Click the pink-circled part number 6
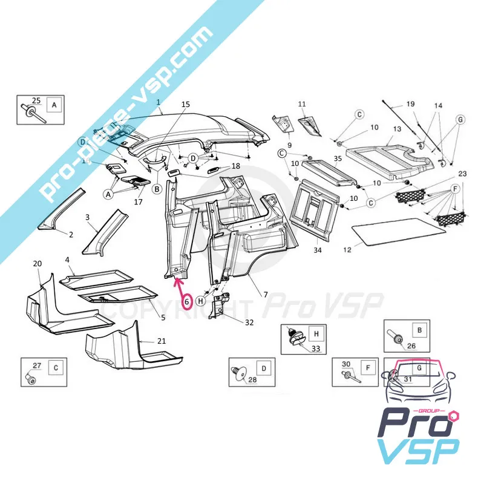coord(187,300)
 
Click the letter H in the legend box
coord(315,334)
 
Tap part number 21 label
coord(161,341)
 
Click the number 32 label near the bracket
coord(249,322)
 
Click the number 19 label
coord(410,104)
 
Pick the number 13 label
coord(397,129)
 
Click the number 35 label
coord(337,159)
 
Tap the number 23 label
coord(462,174)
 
